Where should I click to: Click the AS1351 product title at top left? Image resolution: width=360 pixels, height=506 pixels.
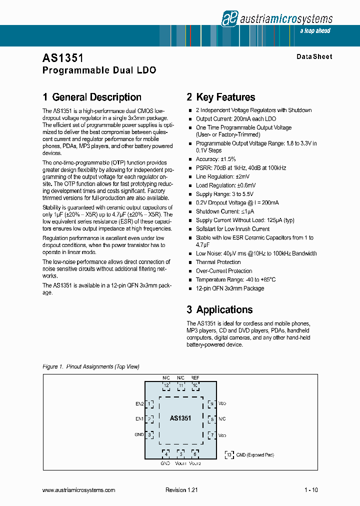pyautogui.click(x=59, y=58)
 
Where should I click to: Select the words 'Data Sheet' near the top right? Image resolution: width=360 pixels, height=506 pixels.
pyautogui.click(x=314, y=56)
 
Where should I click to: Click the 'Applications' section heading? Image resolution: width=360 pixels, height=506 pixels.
pyautogui.click(x=224, y=309)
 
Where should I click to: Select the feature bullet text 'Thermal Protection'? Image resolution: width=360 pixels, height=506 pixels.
pyautogui.click(x=218, y=262)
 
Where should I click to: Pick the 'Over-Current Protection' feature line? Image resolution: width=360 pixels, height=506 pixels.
pyautogui.click(x=223, y=271)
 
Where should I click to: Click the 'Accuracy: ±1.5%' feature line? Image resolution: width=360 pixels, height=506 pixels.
pyautogui.click(x=216, y=159)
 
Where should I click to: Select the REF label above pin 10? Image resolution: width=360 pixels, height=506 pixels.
pyautogui.click(x=195, y=378)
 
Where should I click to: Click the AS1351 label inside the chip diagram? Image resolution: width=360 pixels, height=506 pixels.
pyautogui.click(x=180, y=418)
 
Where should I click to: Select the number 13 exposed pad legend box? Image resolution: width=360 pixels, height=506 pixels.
pyautogui.click(x=229, y=454)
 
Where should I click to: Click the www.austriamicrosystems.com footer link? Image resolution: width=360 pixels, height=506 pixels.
pyautogui.click(x=79, y=490)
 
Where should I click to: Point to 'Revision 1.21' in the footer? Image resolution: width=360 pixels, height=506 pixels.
pyautogui.click(x=181, y=490)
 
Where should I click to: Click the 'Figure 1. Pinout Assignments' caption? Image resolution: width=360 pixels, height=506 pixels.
pyautogui.click(x=91, y=366)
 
